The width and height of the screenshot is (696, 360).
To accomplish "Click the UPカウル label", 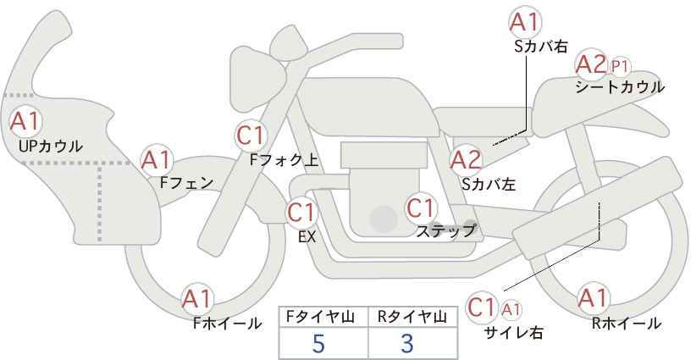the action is pos(51,146).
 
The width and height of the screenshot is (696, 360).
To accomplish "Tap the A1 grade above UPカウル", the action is pos(25,121).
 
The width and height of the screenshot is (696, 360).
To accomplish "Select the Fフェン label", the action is pos(186,183).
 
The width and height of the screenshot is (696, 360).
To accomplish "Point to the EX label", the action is pos(307,237).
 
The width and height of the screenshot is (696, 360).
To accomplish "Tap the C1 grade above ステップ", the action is pos(421,208).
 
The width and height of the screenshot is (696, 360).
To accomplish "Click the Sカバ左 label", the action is pos(489,184).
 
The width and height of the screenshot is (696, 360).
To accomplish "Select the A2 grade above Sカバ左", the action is pos(466,160).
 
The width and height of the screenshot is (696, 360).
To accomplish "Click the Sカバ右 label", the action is pos(541,47).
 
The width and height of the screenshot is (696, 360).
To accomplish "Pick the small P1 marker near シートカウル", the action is pos(620,67).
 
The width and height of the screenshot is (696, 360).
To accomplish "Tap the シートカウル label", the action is pos(620,87).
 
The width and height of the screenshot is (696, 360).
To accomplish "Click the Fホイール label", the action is pos(227,324).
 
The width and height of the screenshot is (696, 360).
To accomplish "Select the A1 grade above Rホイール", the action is pos(593,298).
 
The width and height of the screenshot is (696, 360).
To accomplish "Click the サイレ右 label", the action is pos(514,332).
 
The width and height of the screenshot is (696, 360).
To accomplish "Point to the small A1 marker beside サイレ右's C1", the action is pos(511,309).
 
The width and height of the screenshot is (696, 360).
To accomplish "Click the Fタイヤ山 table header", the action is pos(320,317).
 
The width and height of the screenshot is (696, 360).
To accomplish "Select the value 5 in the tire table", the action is pos(318,343).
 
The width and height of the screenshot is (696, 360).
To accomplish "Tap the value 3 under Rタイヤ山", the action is pos(406,343).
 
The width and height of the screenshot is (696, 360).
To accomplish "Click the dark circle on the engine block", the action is pos(384,219).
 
